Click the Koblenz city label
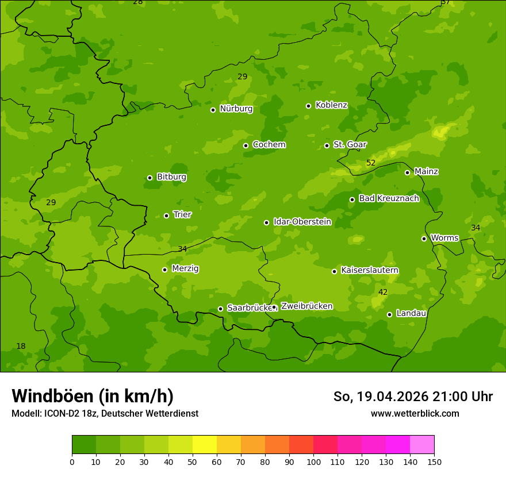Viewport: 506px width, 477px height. [331, 105]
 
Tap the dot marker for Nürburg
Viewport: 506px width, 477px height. [213, 110]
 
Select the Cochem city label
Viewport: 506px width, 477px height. [269, 145]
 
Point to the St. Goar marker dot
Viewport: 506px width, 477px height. [327, 145]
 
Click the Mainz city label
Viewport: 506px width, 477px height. [426, 172]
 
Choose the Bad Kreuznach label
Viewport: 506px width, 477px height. [389, 199]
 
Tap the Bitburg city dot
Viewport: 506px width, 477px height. [149, 178]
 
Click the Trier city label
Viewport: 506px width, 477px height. [182, 215]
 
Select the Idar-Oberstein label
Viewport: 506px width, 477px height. [302, 222]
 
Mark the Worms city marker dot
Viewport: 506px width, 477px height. [424, 238]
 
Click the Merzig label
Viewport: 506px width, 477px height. [185, 269]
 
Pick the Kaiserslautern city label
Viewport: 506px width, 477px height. [370, 271]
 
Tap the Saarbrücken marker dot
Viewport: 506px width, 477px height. [220, 309]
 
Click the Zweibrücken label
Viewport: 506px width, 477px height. [306, 306]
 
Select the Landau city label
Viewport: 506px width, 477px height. [411, 314]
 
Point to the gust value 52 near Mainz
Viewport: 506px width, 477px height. [371, 163]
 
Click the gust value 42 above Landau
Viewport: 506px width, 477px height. [383, 293]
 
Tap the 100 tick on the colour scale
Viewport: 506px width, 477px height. [313, 461]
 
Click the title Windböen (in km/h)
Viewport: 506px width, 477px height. [93, 397]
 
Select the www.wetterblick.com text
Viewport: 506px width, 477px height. [415, 414]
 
